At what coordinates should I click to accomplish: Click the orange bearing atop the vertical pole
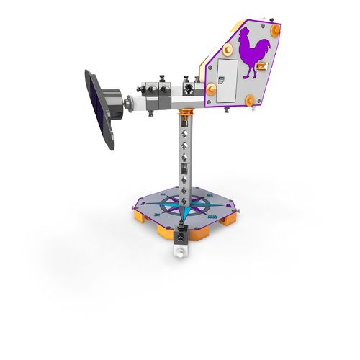(186, 113)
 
